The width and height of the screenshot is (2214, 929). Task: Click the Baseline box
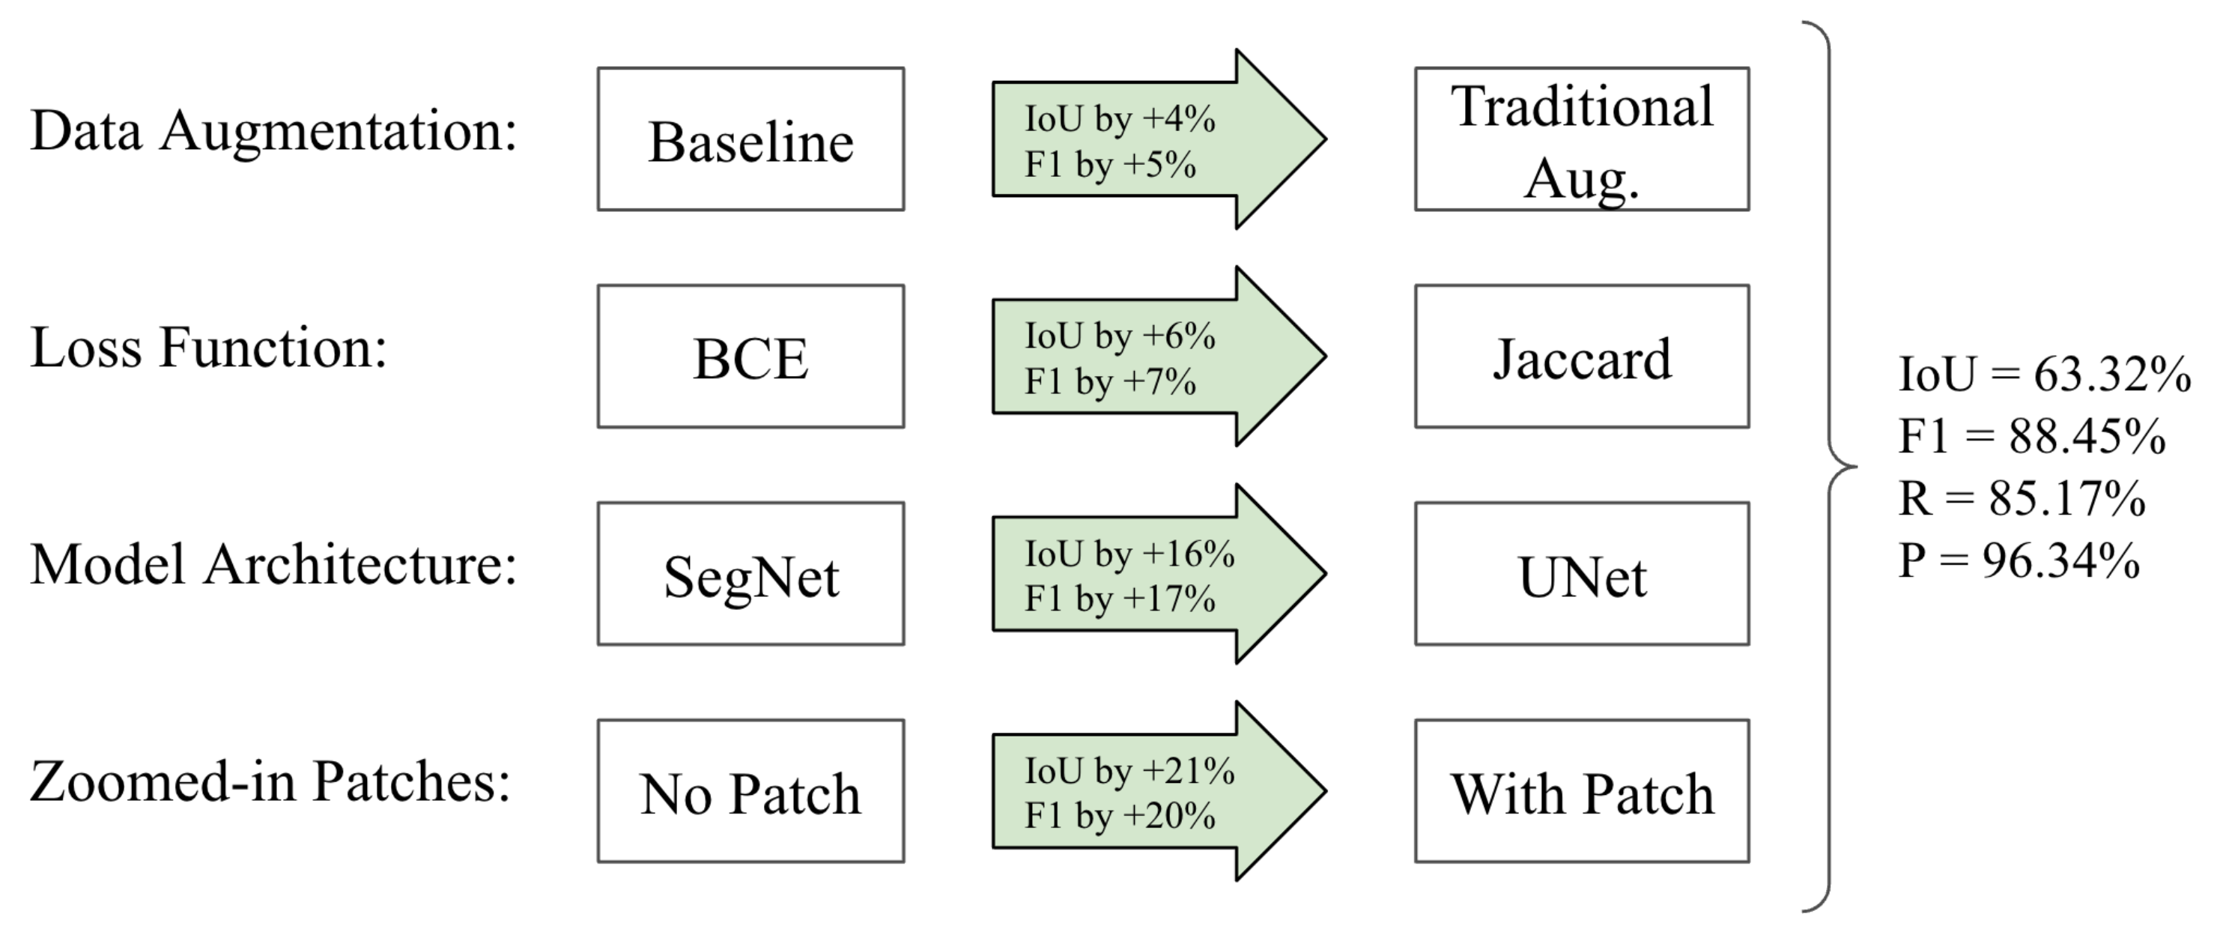(750, 139)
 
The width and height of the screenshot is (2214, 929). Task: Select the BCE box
(750, 357)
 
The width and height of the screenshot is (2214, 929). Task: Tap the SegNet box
(750, 574)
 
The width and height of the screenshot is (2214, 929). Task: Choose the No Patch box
(750, 791)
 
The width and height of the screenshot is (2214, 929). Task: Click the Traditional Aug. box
(1581, 139)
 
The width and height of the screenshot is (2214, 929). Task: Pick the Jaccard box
(1581, 357)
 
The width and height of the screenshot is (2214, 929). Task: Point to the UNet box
(1581, 574)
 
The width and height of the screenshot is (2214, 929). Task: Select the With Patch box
(1581, 791)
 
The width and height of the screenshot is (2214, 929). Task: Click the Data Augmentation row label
(273, 132)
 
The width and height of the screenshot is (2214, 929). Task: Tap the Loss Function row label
(209, 348)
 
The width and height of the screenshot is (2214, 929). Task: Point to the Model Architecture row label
(273, 566)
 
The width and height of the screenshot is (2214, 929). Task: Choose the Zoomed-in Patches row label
(270, 782)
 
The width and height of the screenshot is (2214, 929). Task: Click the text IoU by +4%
(1119, 118)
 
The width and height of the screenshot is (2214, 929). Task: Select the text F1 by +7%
(1109, 381)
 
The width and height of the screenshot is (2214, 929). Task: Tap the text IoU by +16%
(1129, 554)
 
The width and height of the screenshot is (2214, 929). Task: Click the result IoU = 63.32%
(2044, 375)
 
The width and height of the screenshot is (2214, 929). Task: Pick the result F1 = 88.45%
(2031, 437)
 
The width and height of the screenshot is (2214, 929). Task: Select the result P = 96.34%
(2018, 561)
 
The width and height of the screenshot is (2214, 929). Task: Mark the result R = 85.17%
(2022, 498)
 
